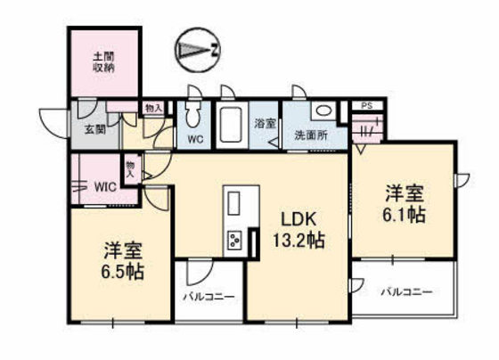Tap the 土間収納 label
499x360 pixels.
103,61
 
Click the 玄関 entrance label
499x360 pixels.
95,128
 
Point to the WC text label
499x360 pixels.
197,139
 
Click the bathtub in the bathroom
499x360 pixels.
233,125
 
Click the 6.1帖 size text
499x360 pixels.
405,215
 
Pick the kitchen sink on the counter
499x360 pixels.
234,203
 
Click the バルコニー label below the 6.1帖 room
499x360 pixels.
406,291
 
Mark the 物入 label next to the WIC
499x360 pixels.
131,168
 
